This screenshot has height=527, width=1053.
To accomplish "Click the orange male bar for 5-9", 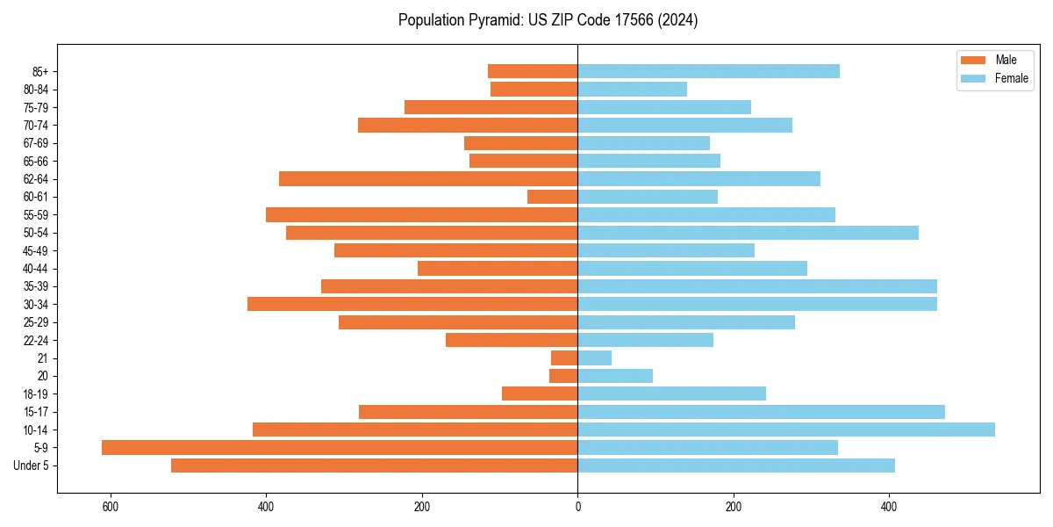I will click(x=339, y=447).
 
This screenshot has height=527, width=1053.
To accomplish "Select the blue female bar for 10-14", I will click(x=785, y=430).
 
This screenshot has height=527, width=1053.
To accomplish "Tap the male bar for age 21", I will click(x=564, y=357).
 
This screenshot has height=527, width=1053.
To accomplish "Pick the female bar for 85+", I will click(x=708, y=71).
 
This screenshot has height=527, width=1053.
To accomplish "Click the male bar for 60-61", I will click(x=552, y=197).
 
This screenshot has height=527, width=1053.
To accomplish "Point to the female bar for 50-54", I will click(x=748, y=233).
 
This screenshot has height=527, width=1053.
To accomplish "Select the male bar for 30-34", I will click(x=412, y=304).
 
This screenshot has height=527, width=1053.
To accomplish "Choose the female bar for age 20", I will click(x=614, y=376).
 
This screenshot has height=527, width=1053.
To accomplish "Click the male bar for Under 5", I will click(x=374, y=466).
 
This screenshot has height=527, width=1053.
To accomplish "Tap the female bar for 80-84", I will click(x=632, y=89).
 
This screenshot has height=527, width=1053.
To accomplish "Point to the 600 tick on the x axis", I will click(x=111, y=507).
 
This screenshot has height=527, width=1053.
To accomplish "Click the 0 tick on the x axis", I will click(x=577, y=507).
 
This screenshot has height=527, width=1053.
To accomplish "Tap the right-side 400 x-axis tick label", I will click(x=889, y=507).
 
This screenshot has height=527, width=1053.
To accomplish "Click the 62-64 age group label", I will click(x=36, y=179).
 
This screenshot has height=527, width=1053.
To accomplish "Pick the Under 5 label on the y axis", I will click(x=32, y=466).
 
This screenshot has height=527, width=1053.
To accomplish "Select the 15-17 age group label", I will click(x=36, y=412).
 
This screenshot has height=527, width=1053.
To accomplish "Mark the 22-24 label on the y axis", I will click(x=36, y=340).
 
